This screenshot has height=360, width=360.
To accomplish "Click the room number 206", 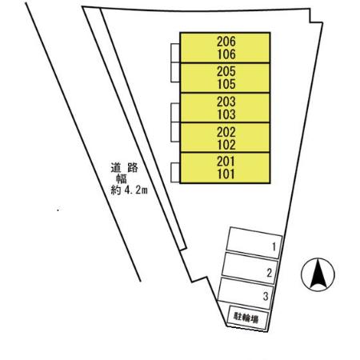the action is pos(226,42).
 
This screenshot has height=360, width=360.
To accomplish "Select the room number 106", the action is pos(226,54).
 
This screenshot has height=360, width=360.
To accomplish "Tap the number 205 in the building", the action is pos(226,71).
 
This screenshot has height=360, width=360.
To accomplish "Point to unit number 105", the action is pos(226,84).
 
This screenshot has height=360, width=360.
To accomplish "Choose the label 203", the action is pos(226,102).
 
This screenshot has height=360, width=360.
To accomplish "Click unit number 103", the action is pos(226,114).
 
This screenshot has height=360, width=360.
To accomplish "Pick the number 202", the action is pos(226,132).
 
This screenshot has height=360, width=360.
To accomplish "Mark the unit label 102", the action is pos(226,145).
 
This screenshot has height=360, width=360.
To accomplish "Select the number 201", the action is pos(226,162).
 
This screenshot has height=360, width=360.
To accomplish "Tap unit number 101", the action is pos(226,174).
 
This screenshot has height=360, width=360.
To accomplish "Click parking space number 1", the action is pos(274,247).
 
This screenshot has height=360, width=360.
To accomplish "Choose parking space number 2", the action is pos(270,273).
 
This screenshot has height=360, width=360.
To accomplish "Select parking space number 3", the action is pos(266,296).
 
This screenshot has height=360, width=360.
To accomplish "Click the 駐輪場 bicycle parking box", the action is pos(248,318).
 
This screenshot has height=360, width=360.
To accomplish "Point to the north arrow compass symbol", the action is pos(318,274).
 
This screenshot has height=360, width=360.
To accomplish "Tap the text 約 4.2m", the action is pos(129,190).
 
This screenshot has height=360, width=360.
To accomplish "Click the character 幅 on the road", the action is pos(122,178).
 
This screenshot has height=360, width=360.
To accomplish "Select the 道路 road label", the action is pos(125,168).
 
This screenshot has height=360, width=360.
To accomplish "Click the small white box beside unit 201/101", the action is pos(175,173).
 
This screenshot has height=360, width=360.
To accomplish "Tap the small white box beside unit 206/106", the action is pos(175,54).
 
